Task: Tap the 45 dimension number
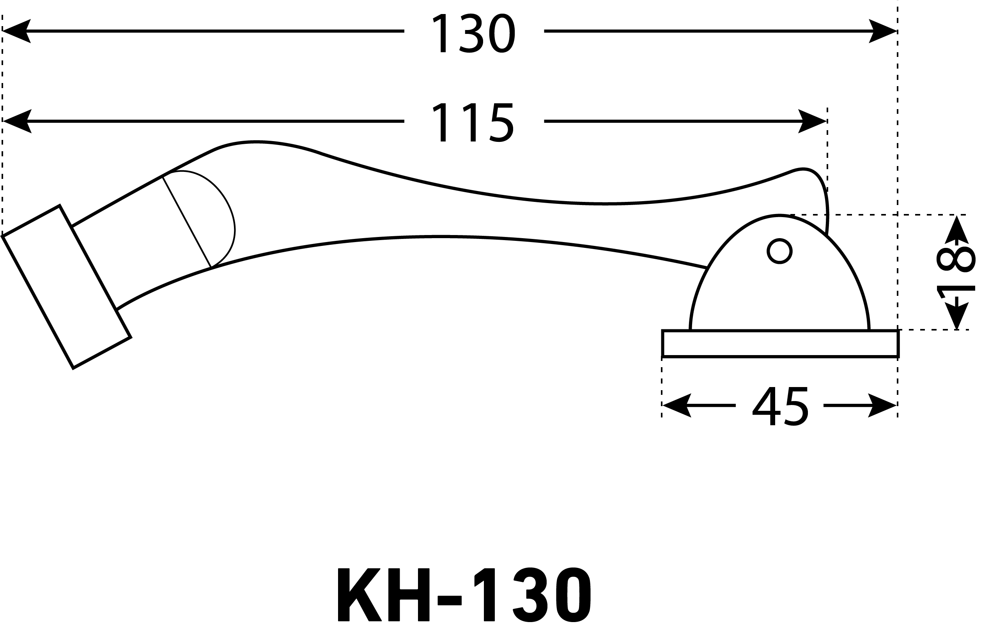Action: tap(780, 406)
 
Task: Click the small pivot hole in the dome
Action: tap(779, 251)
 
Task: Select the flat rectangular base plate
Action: tap(780, 344)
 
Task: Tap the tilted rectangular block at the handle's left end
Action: tap(67, 287)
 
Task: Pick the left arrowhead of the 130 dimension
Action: tap(17, 31)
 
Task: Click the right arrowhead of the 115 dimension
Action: tap(812, 121)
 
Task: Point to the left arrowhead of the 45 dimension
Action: tap(677, 405)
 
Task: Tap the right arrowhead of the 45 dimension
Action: tap(882, 405)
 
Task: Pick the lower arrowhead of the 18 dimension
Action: tap(956, 315)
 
